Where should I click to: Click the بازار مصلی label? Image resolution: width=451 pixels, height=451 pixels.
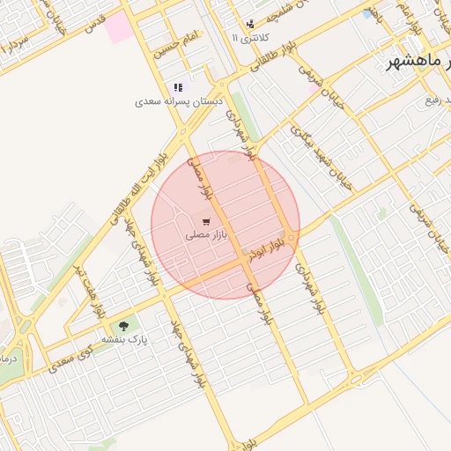click(207, 236)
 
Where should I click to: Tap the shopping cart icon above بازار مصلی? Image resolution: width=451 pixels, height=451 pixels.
click(206, 222)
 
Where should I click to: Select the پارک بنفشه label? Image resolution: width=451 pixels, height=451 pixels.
click(124, 338)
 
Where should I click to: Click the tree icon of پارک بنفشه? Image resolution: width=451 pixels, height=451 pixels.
click(135, 324)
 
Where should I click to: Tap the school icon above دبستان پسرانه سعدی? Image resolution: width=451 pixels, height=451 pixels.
click(178, 87)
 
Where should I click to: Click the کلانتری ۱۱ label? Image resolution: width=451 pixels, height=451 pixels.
click(247, 39)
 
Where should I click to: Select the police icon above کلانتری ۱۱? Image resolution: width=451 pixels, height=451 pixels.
click(251, 24)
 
